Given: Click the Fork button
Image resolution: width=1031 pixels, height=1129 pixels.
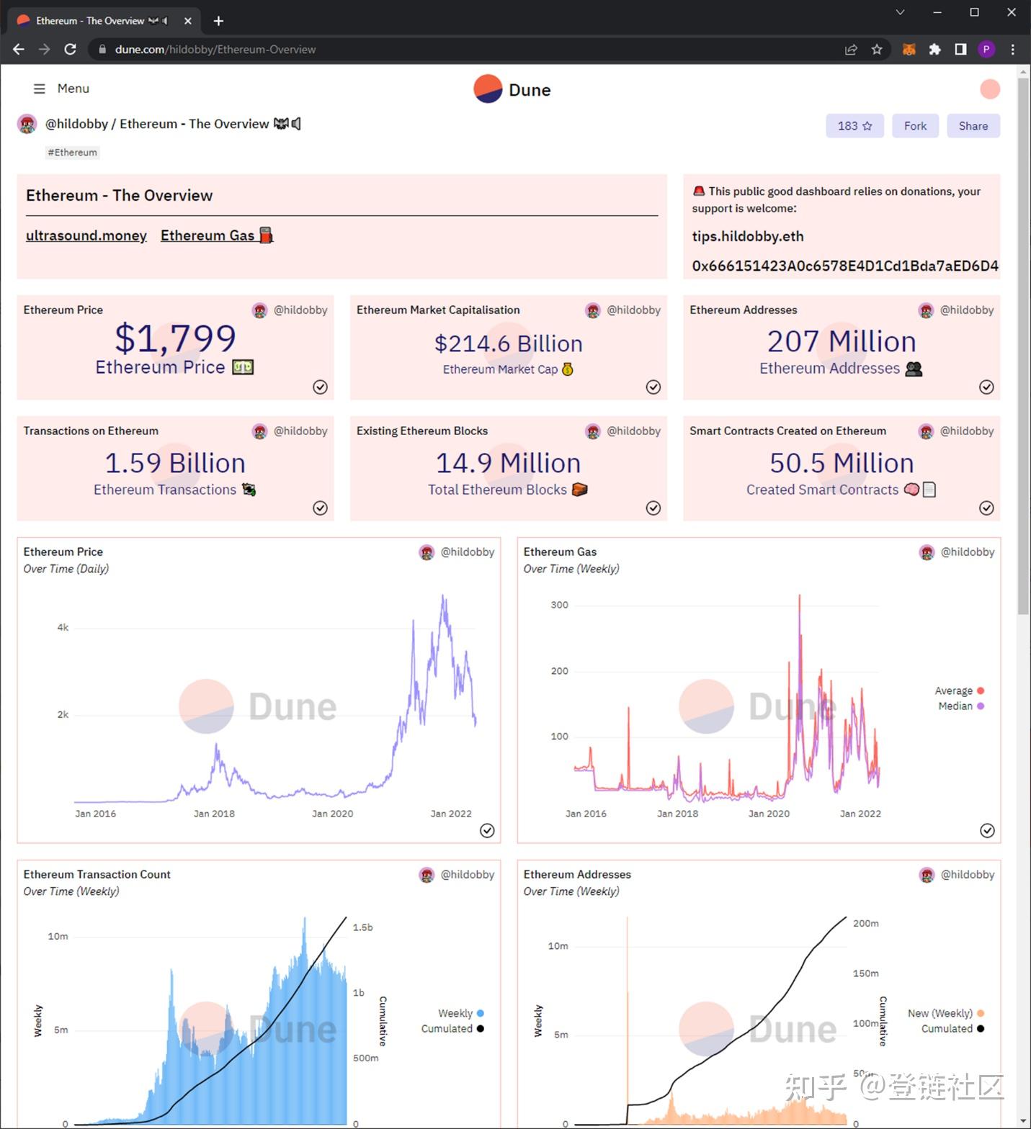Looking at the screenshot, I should tap(915, 126).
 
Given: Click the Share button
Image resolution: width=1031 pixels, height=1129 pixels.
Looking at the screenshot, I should tap(973, 126).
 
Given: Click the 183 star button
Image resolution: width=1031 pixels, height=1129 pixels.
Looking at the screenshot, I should tap(854, 126).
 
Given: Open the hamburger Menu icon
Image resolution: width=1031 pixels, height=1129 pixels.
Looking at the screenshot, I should tap(40, 89).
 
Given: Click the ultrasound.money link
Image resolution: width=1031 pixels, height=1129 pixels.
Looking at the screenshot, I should tap(86, 235).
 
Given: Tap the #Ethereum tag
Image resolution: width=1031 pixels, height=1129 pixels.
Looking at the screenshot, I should tap(72, 153).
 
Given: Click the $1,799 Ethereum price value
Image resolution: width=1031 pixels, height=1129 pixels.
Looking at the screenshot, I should tap(175, 338).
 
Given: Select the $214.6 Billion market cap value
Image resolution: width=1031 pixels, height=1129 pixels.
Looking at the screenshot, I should tap(508, 343).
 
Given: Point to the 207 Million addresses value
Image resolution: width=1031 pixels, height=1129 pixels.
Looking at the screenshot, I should tap(841, 341).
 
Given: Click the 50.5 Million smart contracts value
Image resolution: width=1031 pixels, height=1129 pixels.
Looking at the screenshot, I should tap(841, 463).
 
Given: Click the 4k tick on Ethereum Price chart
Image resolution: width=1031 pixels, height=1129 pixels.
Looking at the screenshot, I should tap(63, 628).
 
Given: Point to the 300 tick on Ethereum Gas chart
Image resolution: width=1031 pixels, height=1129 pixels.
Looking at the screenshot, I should tap(559, 605).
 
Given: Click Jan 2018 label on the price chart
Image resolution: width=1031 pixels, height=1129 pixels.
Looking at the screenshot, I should tap(214, 814).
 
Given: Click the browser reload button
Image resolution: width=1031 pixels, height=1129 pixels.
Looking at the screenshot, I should tap(70, 49).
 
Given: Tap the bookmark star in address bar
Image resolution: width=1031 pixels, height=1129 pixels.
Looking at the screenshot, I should tap(877, 49).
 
